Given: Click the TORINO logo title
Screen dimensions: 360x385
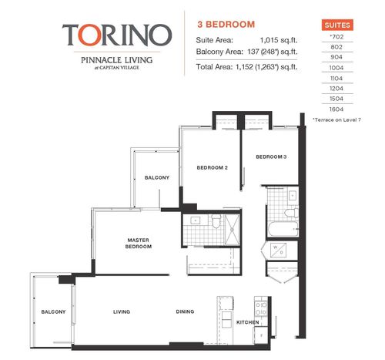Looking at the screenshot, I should click(x=116, y=35).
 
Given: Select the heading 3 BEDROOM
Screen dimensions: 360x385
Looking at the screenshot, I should click(x=226, y=25).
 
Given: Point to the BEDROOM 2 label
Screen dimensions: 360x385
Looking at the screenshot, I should click(x=212, y=167).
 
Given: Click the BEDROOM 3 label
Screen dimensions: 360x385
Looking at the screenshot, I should click(x=271, y=157).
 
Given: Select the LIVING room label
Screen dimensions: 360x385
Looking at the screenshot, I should click(x=122, y=312).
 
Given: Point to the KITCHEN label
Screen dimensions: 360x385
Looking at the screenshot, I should click(x=246, y=321).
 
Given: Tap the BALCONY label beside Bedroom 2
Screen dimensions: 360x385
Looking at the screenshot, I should click(x=156, y=178).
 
